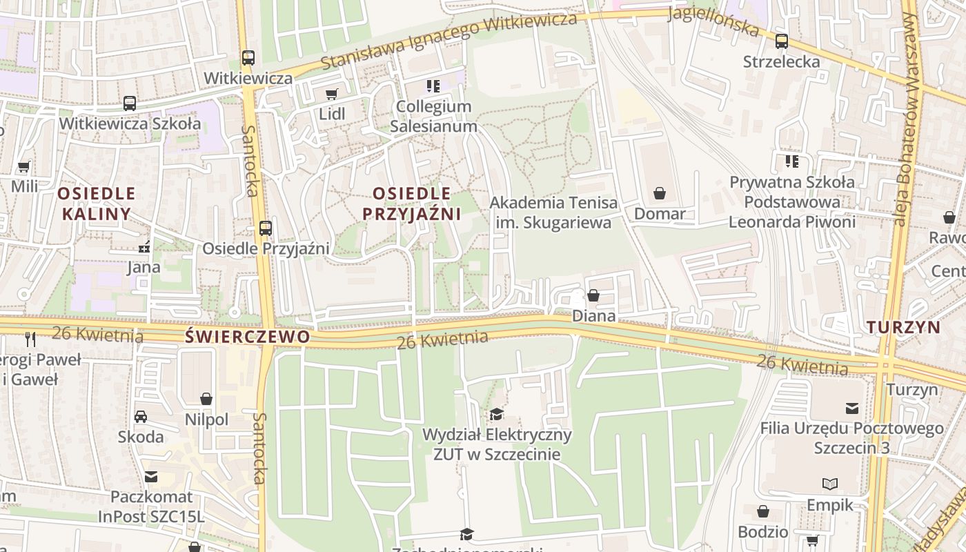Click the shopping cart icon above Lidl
tap(332, 94)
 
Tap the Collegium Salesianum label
tap(433, 117)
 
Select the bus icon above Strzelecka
tap(781, 41)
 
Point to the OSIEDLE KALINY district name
tap(97, 203)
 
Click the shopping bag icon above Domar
tap(660, 193)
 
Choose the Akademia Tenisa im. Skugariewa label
tap(553, 213)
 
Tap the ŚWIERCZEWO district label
tap(248, 337)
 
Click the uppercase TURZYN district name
tap(903, 327)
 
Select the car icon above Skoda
tap(141, 416)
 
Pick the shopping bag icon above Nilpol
tap(206, 399)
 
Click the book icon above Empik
tap(830, 484)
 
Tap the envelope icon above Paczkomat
tap(151, 476)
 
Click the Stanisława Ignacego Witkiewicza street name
tap(448, 40)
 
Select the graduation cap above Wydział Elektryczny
tap(496, 414)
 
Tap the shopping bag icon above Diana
tap(593, 296)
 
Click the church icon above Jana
tap(144, 246)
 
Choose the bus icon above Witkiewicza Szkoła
tap(129, 103)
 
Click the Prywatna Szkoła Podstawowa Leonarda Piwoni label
tap(792, 202)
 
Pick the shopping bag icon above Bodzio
tap(763, 511)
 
